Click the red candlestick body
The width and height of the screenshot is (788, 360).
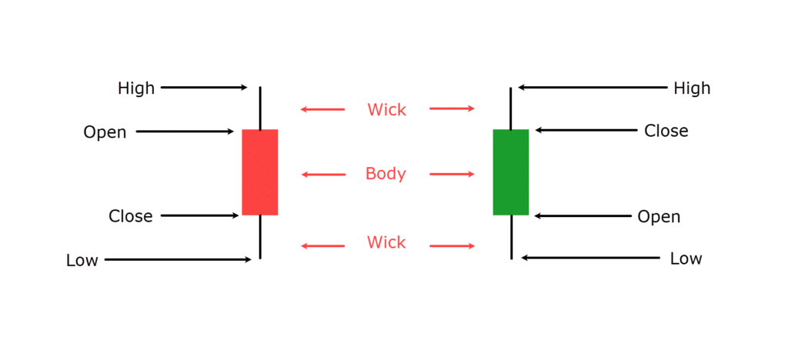[259, 172]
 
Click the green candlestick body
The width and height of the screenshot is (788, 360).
[510, 172]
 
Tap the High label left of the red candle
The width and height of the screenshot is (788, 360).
[136, 88]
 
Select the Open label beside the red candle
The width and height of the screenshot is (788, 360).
[105, 132]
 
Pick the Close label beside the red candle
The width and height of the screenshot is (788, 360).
[130, 216]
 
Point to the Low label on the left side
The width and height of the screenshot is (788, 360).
[82, 261]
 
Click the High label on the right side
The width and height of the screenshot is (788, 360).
[692, 88]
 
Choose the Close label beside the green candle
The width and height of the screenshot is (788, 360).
[666, 131]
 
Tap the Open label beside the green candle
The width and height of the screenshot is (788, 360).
[659, 217]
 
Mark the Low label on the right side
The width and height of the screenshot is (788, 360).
[686, 258]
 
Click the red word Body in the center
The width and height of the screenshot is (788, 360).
[386, 174]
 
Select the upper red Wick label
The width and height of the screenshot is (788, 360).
[386, 109]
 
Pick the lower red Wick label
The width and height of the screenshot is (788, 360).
[386, 243]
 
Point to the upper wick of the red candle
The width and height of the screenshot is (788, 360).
[260, 108]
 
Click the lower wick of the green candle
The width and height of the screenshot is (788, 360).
[511, 237]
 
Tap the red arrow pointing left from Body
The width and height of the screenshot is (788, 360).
[323, 175]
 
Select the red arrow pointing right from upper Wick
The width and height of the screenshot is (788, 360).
[452, 108]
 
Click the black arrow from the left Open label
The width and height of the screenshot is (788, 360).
[185, 132]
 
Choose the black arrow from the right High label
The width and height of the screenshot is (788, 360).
[593, 88]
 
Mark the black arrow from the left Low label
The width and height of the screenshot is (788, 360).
[178, 260]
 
